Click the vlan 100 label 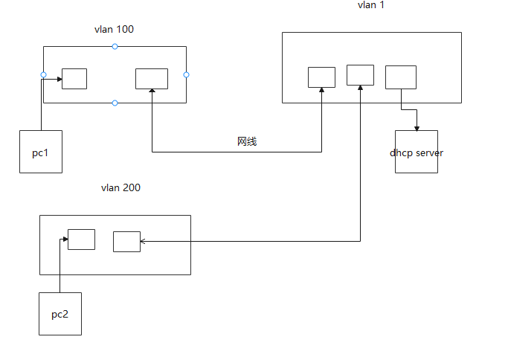tap(114, 30)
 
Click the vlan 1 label tap(370, 5)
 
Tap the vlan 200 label tap(120, 188)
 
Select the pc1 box tap(41, 152)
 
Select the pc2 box tap(60, 313)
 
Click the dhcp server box tap(417, 152)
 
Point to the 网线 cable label tap(247, 141)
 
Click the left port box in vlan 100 tap(74, 78)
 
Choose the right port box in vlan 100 tap(152, 78)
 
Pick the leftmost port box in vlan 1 tap(321, 77)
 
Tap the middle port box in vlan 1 tap(360, 74)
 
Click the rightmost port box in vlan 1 tap(400, 77)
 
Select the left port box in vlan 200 tap(81, 240)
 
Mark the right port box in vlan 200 tap(126, 242)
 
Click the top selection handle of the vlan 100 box tap(115, 47)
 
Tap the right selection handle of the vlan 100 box tap(186, 74)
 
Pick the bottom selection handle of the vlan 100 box tap(115, 103)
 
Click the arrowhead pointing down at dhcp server tap(417, 127)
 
